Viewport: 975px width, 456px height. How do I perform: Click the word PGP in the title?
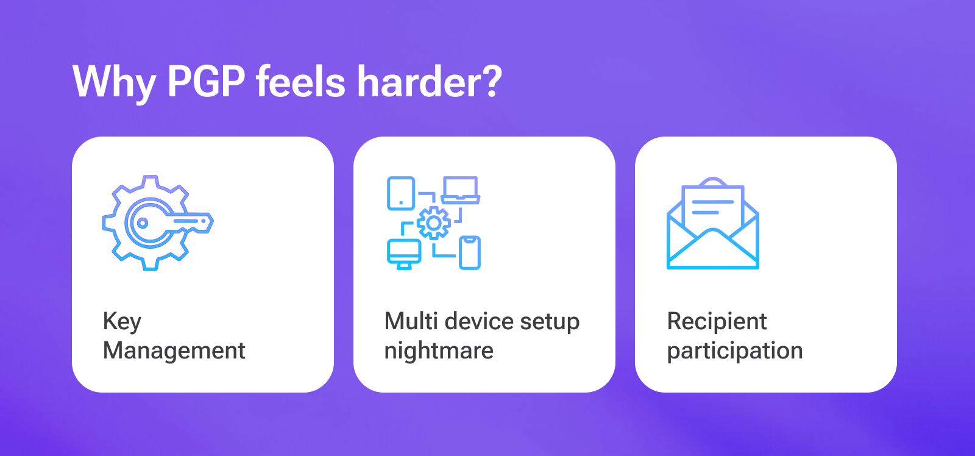[x=206, y=82]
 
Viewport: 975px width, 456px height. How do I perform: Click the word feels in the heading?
[x=301, y=81]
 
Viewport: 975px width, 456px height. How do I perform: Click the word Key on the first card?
[x=122, y=322]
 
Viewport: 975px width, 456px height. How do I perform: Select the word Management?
[x=174, y=351]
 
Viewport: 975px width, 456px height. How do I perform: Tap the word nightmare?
[x=439, y=351]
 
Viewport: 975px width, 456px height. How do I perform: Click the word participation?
[x=735, y=351]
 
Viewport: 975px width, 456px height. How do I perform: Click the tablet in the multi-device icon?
[x=401, y=193]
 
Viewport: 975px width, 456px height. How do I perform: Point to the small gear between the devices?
[x=433, y=223]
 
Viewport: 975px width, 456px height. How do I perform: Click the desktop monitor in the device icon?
[x=404, y=254]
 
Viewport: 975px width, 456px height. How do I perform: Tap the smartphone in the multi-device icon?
[x=470, y=252]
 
